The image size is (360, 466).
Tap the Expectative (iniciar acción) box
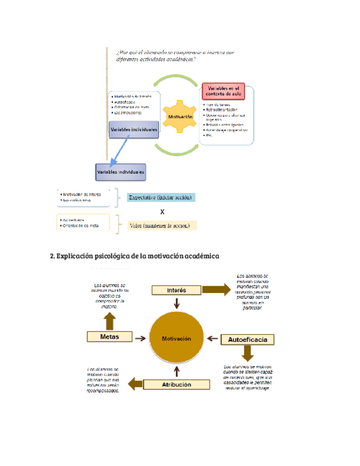pos(161,197)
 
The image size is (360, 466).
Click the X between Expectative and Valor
pos(162,212)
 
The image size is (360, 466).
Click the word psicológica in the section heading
pos(110,256)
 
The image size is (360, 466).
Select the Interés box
pos(176,290)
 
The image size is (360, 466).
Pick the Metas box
pos(110,336)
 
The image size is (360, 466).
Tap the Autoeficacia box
pos(247,340)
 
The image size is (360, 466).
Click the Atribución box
pos(177,385)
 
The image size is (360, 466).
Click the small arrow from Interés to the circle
pos(176,303)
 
